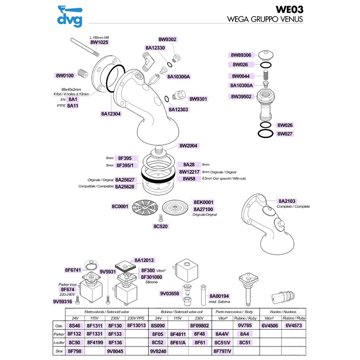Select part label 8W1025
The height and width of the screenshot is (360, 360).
point(100,42)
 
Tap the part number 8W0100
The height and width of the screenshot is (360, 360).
point(65,75)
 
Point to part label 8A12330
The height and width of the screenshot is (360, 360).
point(155,48)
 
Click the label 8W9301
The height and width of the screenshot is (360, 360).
point(198,99)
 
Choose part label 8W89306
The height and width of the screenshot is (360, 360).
point(243,55)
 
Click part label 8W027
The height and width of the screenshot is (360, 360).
point(285,134)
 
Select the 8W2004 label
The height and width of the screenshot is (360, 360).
point(189,146)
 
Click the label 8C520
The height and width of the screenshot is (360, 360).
point(161,226)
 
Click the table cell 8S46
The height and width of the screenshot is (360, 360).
point(74,325)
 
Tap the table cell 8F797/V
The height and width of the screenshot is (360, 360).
point(223,351)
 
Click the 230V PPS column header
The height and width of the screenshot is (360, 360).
point(136,317)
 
